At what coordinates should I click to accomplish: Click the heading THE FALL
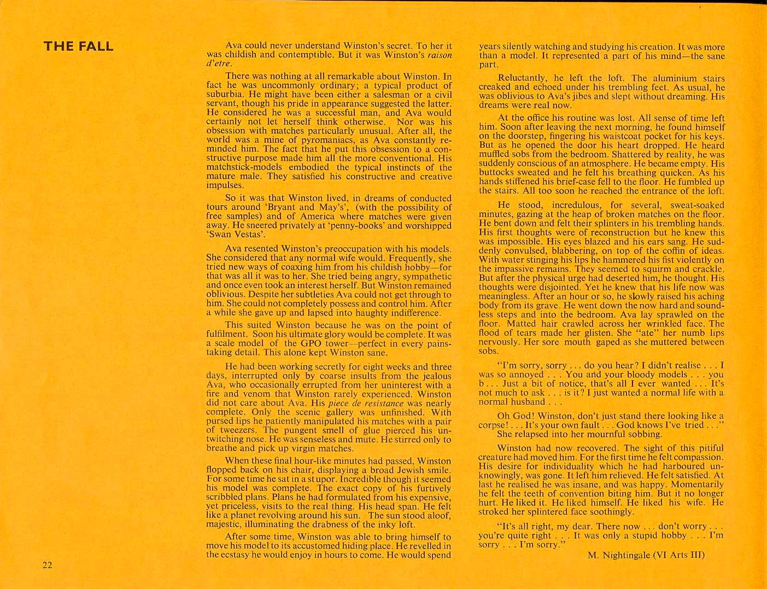tap(78, 46)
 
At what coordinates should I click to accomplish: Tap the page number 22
tap(48, 565)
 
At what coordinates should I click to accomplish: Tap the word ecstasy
tap(237, 555)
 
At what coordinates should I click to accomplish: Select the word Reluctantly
tap(523, 78)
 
